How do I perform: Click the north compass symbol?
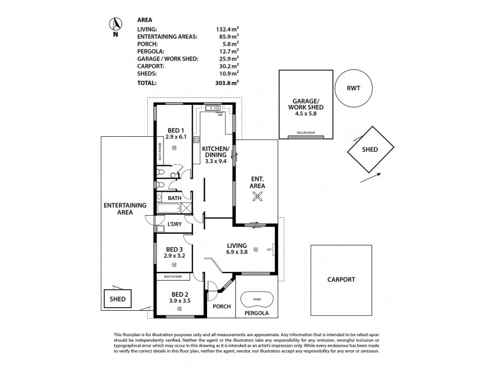point(114,25)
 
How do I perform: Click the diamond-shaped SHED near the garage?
point(370,150)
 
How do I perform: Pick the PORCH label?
point(221,306)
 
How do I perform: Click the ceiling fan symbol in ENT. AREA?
point(257,196)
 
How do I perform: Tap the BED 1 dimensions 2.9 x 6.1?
point(175,137)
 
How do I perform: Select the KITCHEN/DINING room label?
point(216,152)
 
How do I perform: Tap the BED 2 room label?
point(179,294)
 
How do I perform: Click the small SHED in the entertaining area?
point(118,300)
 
